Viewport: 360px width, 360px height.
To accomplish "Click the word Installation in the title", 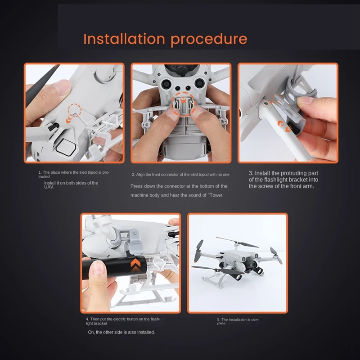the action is coord(124,39).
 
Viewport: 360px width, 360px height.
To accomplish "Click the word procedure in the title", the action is coord(209,40).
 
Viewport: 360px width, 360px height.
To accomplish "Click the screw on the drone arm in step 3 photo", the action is coord(266,104).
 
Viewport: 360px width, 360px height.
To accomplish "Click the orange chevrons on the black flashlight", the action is coord(135,264).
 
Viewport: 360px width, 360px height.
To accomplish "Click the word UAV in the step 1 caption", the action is coord(49,187).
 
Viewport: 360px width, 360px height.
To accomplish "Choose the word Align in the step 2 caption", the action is coord(141,175).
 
